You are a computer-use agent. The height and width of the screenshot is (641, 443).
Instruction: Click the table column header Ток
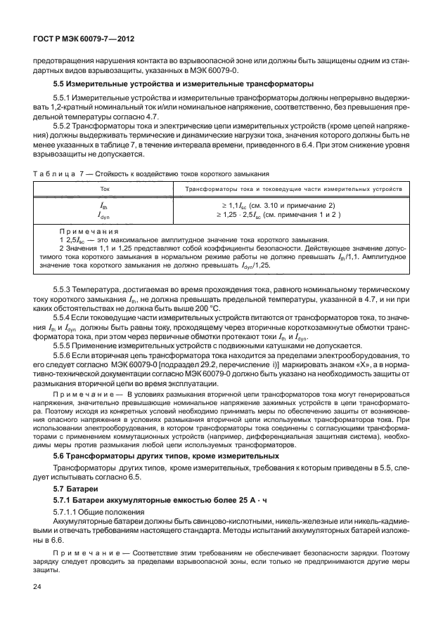click(x=105, y=190)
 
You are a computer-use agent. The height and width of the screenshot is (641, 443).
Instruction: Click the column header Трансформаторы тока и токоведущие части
click(x=293, y=190)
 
